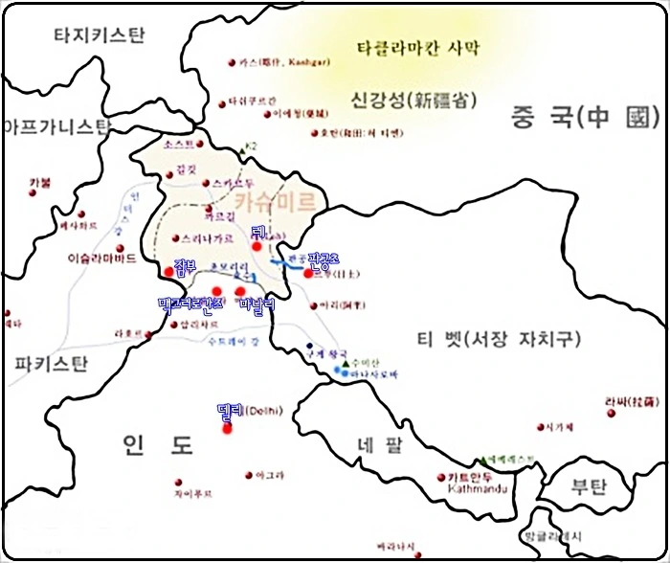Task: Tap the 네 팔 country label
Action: coord(380,445)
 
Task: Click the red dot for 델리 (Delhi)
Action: coord(227,428)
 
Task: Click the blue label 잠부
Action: coord(186,265)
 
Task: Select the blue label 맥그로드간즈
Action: coord(192,304)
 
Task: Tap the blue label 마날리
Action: coord(257,304)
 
